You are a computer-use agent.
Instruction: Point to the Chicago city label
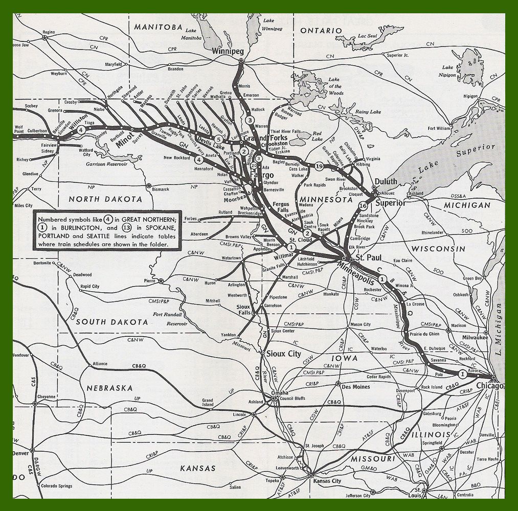[490, 385]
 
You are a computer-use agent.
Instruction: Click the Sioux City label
[283, 354]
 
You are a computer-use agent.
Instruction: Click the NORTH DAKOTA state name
[105, 199]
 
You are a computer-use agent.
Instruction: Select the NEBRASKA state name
[110, 388]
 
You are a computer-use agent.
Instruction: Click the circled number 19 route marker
[320, 166]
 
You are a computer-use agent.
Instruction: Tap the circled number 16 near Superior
[363, 206]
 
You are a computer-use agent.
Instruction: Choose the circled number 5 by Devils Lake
[218, 139]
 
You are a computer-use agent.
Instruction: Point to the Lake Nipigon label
[448, 71]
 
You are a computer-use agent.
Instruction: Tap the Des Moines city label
[355, 387]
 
